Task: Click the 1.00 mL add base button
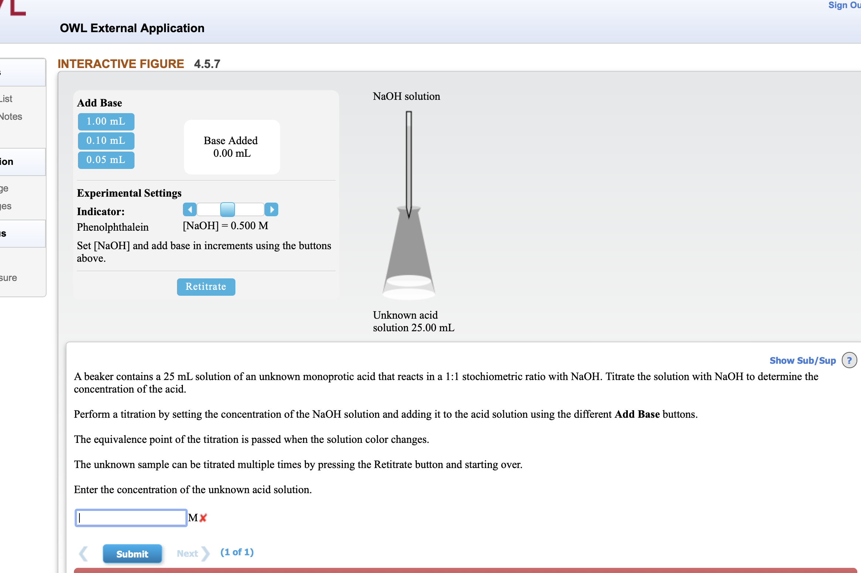[106, 122]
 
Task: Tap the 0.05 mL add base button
[106, 160]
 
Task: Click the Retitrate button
[206, 287]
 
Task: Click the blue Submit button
[132, 554]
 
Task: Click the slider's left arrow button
[190, 210]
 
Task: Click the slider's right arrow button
[272, 210]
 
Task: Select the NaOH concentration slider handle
[227, 210]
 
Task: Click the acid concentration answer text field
[131, 518]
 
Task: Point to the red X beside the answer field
[203, 518]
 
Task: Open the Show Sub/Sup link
[802, 360]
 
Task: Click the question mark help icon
[849, 360]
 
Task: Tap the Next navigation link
[188, 553]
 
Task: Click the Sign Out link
[844, 5]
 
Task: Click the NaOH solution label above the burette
[406, 96]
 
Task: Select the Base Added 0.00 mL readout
[232, 147]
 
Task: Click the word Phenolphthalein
[113, 227]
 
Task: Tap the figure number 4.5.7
[207, 64]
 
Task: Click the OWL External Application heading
[132, 28]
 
